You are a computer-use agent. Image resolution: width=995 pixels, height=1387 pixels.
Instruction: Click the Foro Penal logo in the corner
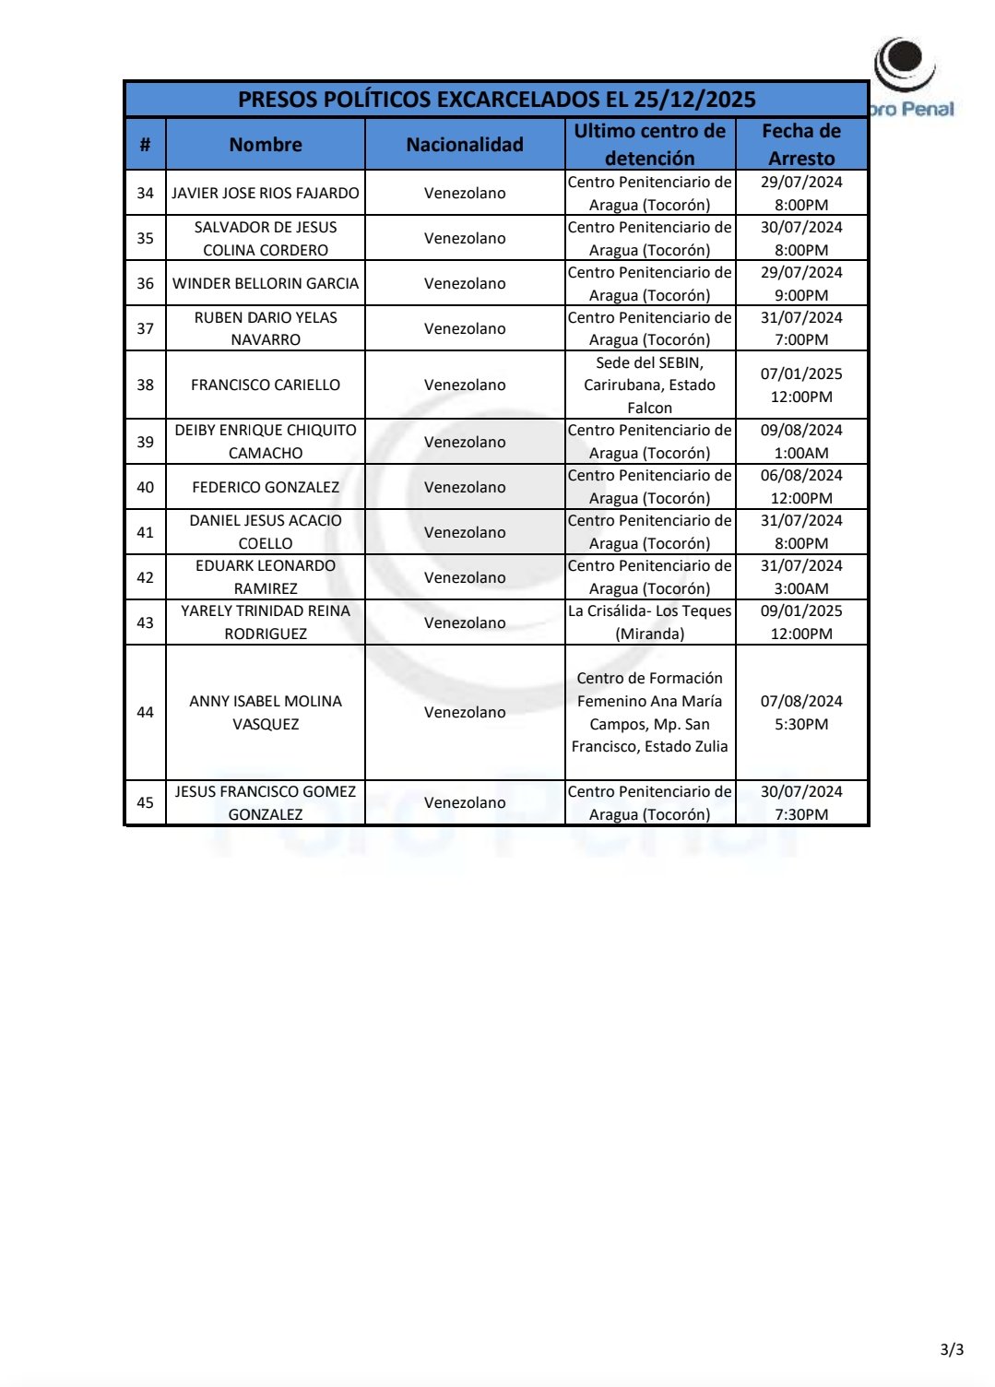tap(908, 78)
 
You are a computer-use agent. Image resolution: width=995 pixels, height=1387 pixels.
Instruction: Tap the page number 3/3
tap(952, 1349)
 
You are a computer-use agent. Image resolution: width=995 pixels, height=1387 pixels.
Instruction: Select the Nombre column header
tap(266, 145)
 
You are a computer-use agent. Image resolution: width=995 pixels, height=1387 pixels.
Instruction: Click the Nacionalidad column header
tap(465, 145)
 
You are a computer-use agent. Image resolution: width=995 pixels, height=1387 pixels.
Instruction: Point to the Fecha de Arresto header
tap(801, 145)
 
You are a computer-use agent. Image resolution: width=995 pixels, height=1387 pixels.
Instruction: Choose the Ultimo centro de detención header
tap(649, 145)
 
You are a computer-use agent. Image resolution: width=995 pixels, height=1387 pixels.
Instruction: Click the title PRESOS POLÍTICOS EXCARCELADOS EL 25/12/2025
tap(496, 100)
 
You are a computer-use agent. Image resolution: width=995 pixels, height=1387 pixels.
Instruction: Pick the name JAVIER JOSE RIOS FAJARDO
tap(266, 193)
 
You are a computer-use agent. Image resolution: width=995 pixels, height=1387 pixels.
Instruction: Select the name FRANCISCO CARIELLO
tap(266, 385)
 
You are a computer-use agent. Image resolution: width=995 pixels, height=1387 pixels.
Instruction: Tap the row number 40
tap(146, 487)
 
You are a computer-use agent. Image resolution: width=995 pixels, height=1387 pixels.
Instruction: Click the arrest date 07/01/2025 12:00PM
tap(801, 385)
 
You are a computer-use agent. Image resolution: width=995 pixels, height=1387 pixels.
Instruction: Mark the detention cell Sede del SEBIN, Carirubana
tap(649, 385)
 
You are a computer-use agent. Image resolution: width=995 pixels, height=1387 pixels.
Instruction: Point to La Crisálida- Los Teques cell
tap(649, 622)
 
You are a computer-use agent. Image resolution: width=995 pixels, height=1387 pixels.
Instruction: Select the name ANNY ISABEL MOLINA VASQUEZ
tap(266, 712)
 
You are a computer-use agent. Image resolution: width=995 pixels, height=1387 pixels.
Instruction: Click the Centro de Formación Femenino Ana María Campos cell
tap(649, 712)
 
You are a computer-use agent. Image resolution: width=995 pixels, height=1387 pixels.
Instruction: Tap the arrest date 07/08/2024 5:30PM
tap(801, 712)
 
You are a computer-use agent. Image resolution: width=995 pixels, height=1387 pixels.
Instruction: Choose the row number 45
tap(146, 802)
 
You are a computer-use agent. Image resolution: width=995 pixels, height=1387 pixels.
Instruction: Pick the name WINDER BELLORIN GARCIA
tap(266, 283)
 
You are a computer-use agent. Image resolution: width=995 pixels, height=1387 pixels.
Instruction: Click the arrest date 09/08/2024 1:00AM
tap(801, 442)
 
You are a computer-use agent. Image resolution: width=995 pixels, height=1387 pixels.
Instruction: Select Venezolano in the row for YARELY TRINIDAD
tap(465, 622)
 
